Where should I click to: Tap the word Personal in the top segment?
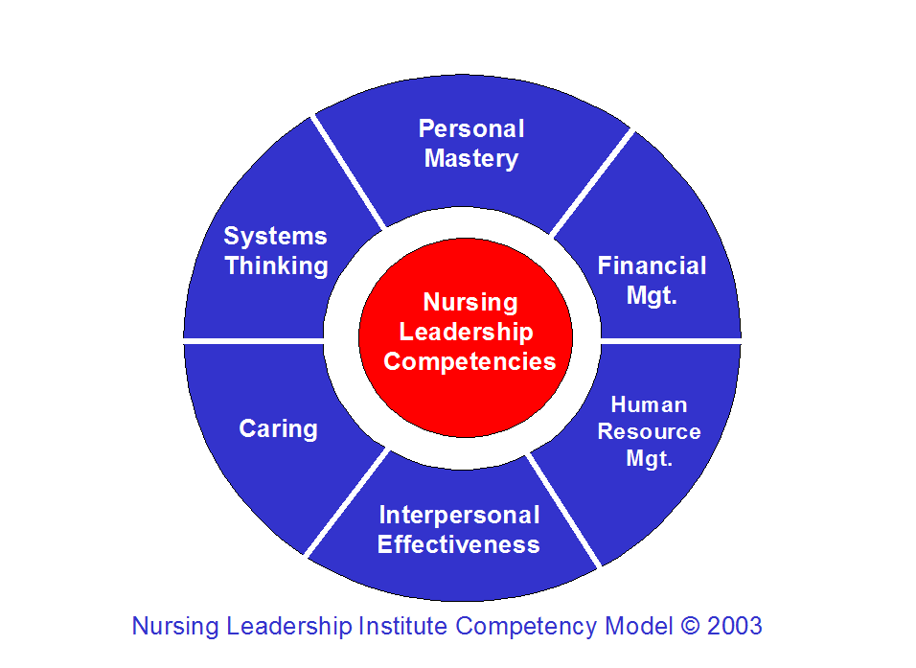point(471,129)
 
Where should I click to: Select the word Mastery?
point(471,158)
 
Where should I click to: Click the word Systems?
point(275,237)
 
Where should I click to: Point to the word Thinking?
point(276,265)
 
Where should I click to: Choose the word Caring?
point(278,428)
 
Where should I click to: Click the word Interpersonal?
point(459,516)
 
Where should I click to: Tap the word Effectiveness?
point(459,544)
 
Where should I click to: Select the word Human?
point(649,404)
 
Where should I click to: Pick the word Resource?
point(649,431)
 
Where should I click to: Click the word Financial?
point(652,265)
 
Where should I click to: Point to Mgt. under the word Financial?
point(652,295)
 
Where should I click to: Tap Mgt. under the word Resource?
point(649,458)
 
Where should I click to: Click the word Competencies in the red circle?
point(469,361)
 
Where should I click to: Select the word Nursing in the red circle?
point(469,303)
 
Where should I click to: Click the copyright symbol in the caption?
point(690,627)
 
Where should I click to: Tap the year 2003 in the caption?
point(735,627)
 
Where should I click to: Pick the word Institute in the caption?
point(403,627)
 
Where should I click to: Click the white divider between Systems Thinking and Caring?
point(254,339)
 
